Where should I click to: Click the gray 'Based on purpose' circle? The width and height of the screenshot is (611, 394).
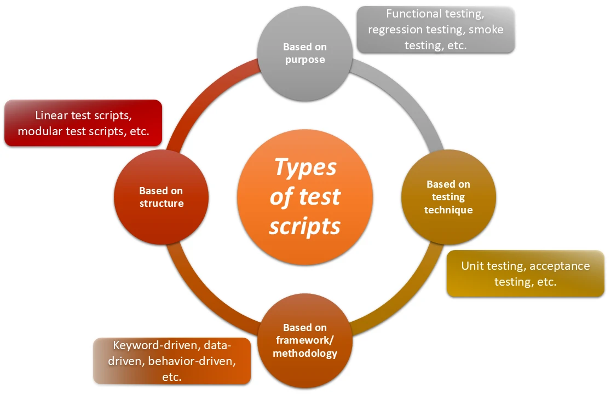(x=305, y=53)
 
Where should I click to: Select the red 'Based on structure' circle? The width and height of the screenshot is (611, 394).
(x=161, y=197)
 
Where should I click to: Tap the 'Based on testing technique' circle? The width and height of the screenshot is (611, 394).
(x=448, y=197)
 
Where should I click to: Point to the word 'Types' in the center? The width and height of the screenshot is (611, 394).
(x=305, y=167)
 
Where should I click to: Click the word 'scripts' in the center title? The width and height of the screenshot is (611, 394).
(x=305, y=225)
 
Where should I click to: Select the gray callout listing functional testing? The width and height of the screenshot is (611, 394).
(x=435, y=30)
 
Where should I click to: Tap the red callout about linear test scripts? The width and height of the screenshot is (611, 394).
(x=83, y=123)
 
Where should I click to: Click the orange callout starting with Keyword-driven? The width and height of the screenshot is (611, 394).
(x=172, y=361)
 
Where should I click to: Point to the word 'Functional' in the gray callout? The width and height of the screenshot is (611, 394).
(x=412, y=14)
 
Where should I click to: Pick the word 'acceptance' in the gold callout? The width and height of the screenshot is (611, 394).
(x=560, y=266)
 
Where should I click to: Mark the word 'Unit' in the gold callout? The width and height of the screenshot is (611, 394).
(x=472, y=266)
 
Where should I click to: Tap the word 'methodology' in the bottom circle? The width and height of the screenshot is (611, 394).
(x=305, y=353)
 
